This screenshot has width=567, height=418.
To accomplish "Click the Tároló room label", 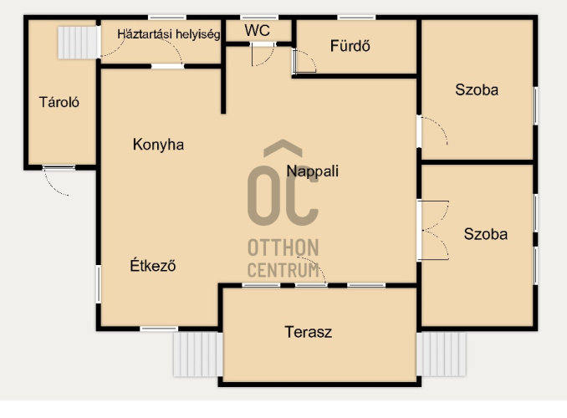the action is point(59,102).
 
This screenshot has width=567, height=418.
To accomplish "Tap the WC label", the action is point(257,30).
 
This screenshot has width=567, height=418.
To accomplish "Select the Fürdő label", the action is point(350,46).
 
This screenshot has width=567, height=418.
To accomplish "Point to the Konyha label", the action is point(158,145).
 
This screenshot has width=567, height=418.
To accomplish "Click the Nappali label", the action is point(313,171).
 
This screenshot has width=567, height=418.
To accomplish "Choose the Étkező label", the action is point(153,265).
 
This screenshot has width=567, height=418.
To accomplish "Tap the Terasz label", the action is point(308,332).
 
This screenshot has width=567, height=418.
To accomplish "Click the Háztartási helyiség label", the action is point(168,34).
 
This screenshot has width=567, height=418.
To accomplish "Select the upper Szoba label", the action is point(477,89).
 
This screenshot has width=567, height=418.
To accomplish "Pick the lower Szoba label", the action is point(486,234).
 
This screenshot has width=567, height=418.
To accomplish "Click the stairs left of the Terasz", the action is point(198,354).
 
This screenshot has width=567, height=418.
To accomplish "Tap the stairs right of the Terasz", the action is point(442,354).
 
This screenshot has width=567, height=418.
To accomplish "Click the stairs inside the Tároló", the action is point(79,43).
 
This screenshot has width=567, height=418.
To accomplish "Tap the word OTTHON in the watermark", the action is point(283,247).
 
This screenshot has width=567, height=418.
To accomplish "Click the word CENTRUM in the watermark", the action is point(283,270).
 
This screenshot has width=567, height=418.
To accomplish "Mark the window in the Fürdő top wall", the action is point(356,18).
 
